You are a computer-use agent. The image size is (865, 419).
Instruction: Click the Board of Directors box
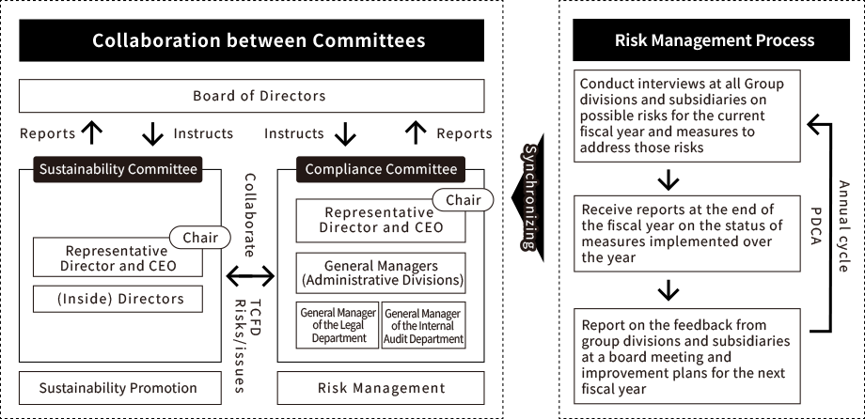click(x=251, y=96)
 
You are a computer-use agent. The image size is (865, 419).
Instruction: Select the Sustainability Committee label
click(x=118, y=169)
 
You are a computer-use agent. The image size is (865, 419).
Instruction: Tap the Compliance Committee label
click(x=381, y=169)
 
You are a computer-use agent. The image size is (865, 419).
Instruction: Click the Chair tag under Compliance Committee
click(x=463, y=200)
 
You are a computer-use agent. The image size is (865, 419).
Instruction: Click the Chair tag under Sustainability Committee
click(x=199, y=238)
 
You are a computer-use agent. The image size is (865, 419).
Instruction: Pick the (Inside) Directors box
click(x=118, y=299)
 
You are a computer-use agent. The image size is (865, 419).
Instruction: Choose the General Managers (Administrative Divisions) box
click(x=381, y=272)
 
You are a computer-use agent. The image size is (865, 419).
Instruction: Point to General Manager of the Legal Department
click(x=338, y=325)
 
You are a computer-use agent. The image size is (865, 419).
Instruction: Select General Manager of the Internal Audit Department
click(x=423, y=325)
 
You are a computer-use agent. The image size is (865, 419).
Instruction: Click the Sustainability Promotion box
click(x=118, y=388)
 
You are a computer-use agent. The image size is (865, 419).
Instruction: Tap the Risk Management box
click(x=381, y=388)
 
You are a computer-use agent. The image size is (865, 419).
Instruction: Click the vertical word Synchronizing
click(x=528, y=197)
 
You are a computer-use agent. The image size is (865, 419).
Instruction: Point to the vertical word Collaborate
click(x=250, y=215)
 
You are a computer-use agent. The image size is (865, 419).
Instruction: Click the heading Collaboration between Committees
click(x=259, y=41)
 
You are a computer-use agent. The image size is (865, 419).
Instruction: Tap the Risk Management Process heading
click(x=715, y=41)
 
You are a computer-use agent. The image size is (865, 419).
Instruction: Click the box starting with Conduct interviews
click(x=686, y=116)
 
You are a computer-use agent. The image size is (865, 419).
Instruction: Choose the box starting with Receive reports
click(x=686, y=233)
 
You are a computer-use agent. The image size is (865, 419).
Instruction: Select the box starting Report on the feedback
click(x=686, y=356)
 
